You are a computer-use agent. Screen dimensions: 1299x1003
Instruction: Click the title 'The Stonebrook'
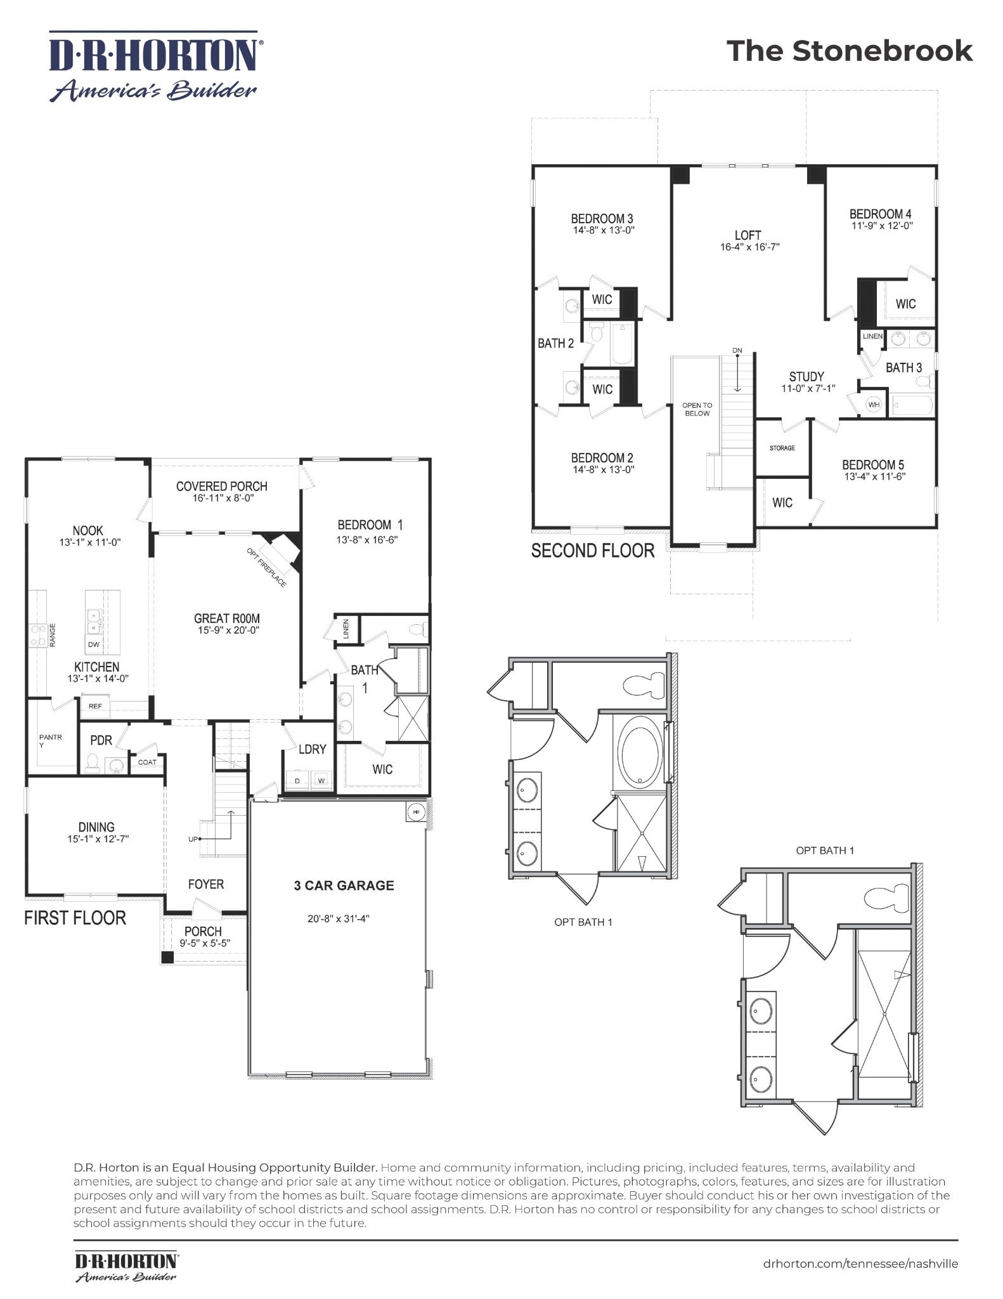[849, 51]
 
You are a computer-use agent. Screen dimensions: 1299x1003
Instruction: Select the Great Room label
[226, 618]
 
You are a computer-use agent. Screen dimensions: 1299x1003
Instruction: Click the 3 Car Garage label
[344, 885]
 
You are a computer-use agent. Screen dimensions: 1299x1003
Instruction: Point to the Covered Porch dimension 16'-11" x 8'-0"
[222, 499]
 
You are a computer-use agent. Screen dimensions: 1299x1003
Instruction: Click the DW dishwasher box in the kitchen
[94, 644]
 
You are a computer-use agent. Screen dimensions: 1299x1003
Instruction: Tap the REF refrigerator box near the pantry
[95, 706]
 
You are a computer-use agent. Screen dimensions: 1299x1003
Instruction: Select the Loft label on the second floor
[748, 235]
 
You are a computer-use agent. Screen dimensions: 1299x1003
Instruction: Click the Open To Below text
[697, 409]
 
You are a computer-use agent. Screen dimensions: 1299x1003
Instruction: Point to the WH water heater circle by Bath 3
[874, 405]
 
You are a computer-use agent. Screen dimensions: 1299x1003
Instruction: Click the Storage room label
[782, 448]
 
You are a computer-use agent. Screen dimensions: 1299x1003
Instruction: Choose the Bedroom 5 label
[873, 464]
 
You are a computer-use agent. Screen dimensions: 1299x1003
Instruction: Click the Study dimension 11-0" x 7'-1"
[808, 388]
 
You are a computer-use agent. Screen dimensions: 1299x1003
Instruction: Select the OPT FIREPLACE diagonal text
[266, 568]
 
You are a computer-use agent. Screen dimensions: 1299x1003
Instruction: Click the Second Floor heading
[592, 551]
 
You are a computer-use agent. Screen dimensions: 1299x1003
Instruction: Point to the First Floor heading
[75, 918]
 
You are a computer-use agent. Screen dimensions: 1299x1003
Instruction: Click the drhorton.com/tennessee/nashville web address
[860, 1263]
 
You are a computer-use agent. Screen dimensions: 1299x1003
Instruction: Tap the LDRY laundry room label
[312, 749]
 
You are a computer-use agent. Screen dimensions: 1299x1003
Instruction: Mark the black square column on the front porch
[167, 958]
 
